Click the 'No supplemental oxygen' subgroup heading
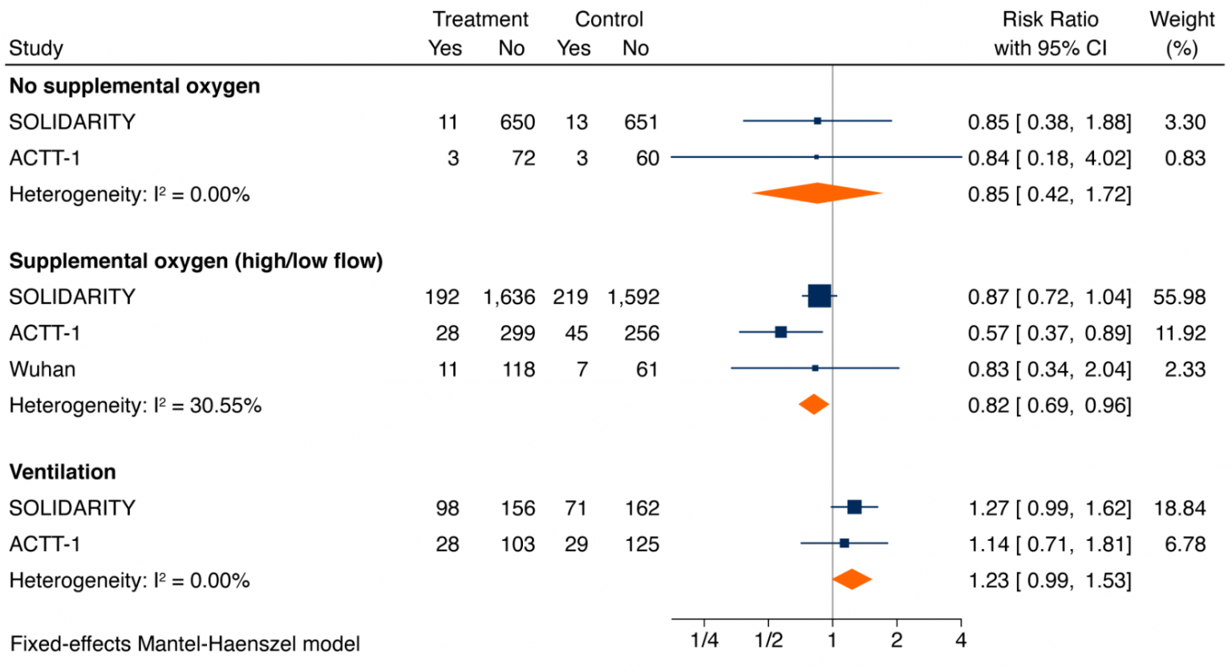[x=134, y=86]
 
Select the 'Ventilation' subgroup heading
[x=63, y=472]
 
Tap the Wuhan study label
[x=43, y=369]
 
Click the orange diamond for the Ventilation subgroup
[x=852, y=580]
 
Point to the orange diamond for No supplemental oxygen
[x=817, y=193]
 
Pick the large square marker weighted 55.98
[x=819, y=296]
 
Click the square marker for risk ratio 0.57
[x=780, y=331]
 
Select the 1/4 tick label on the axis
[x=703, y=641]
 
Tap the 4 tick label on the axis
[x=960, y=641]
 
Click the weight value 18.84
[x=1179, y=508]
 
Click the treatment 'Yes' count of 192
[x=442, y=297]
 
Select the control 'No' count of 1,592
[x=633, y=297]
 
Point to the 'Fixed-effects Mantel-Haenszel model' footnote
[x=184, y=644]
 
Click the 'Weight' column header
[x=1181, y=19]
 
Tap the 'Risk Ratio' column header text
[x=1050, y=19]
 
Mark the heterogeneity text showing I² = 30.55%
[x=135, y=405]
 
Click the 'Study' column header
[x=36, y=48]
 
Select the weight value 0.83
[x=1185, y=158]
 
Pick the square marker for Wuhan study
[x=815, y=368]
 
